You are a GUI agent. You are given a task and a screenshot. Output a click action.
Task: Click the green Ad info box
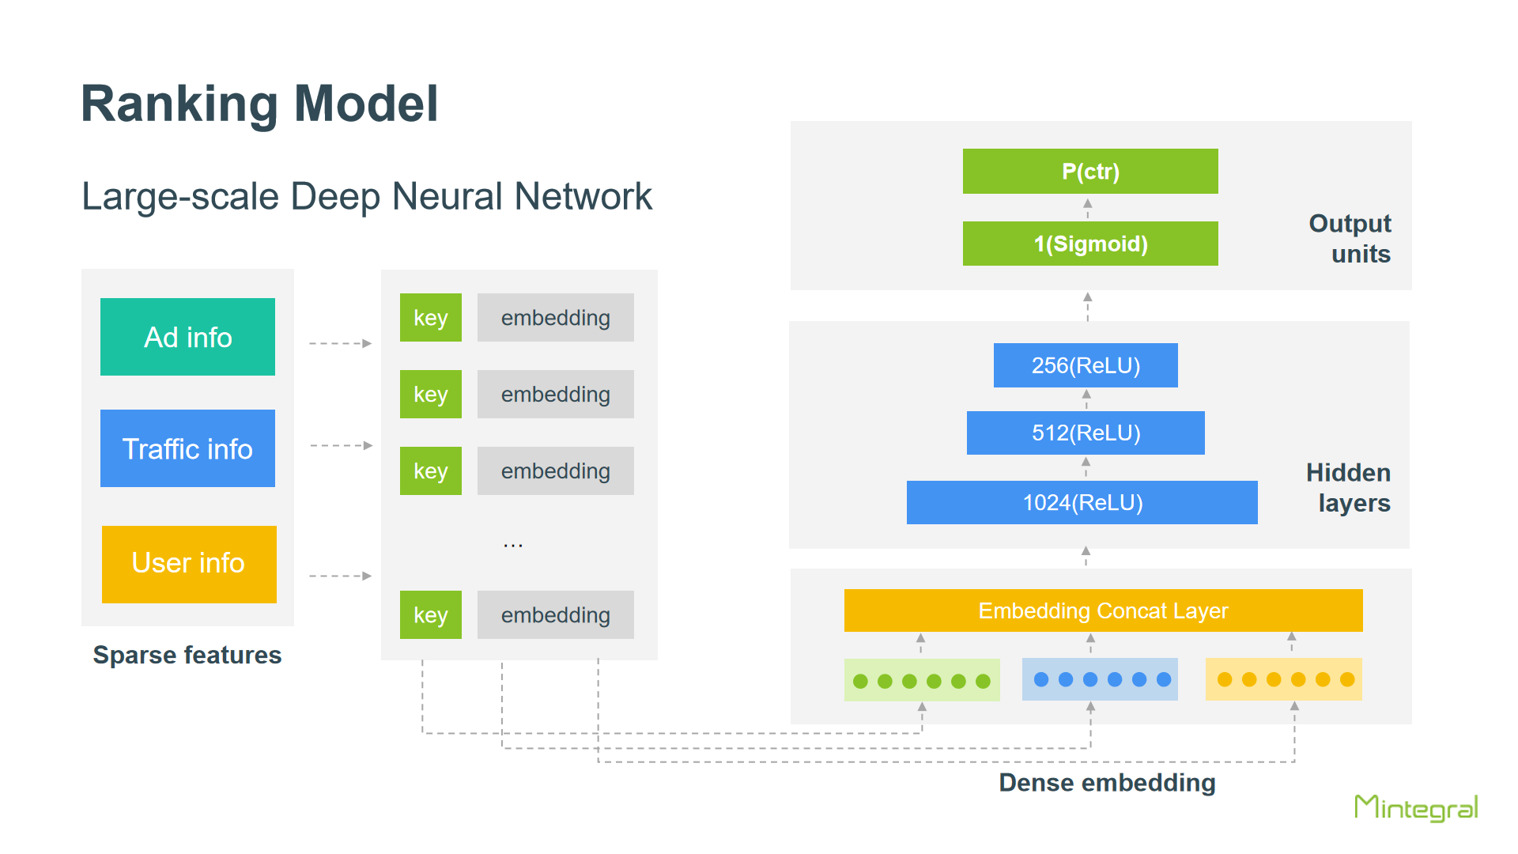tap(187, 337)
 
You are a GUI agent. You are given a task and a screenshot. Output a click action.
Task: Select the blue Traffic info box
tap(187, 448)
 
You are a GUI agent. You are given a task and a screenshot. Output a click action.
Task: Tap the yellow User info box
tap(189, 564)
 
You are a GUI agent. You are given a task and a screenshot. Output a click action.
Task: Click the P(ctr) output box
tap(1090, 171)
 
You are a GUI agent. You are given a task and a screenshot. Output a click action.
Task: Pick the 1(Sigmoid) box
tap(1090, 244)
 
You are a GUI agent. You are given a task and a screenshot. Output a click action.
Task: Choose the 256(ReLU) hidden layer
tap(1086, 365)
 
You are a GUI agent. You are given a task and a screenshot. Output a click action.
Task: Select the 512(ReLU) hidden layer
tap(1086, 433)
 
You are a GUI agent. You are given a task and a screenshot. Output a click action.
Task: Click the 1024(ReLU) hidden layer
tap(1082, 502)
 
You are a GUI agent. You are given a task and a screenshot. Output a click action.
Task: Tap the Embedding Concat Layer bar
tap(1104, 610)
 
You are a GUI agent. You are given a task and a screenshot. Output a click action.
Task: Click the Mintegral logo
tap(1416, 808)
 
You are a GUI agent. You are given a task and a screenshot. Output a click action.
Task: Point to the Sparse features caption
tap(187, 655)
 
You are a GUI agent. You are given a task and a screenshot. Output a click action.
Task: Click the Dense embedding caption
tap(1107, 783)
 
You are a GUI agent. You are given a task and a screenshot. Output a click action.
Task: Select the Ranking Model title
tap(259, 104)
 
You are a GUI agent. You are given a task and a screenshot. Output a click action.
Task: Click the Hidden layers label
tap(1348, 487)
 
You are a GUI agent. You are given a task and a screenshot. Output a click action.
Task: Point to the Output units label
tap(1350, 238)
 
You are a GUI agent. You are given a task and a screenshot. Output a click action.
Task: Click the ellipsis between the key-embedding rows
tap(513, 546)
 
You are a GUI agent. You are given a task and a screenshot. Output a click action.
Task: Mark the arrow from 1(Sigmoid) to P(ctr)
tap(1088, 208)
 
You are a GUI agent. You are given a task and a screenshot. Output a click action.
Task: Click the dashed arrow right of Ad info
tap(341, 343)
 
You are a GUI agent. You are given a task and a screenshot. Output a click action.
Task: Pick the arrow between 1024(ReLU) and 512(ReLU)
tap(1086, 467)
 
